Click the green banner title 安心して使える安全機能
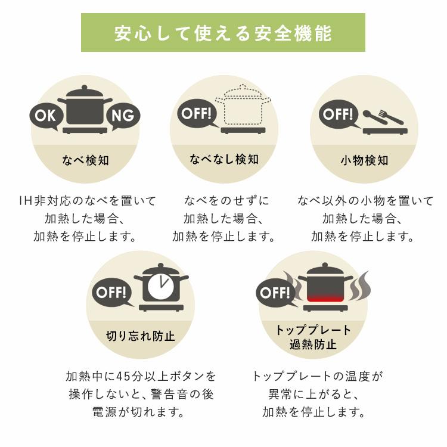coord(223,33)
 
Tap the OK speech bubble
coord(46,116)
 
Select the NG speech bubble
coord(123,116)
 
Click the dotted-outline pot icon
coord(243,105)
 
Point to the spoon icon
coord(375,117)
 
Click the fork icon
coord(390,117)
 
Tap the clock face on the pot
coord(161,284)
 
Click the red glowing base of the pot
coord(325,298)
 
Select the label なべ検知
coord(85,160)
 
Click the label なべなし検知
coord(224,159)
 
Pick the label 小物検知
coord(364,160)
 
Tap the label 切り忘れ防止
coord(140,336)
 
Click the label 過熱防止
coord(313,344)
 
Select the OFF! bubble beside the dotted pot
coord(197,114)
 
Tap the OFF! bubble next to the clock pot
coord(112,293)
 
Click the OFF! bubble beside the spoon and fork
coord(339,114)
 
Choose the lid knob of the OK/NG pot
coord(85,88)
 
